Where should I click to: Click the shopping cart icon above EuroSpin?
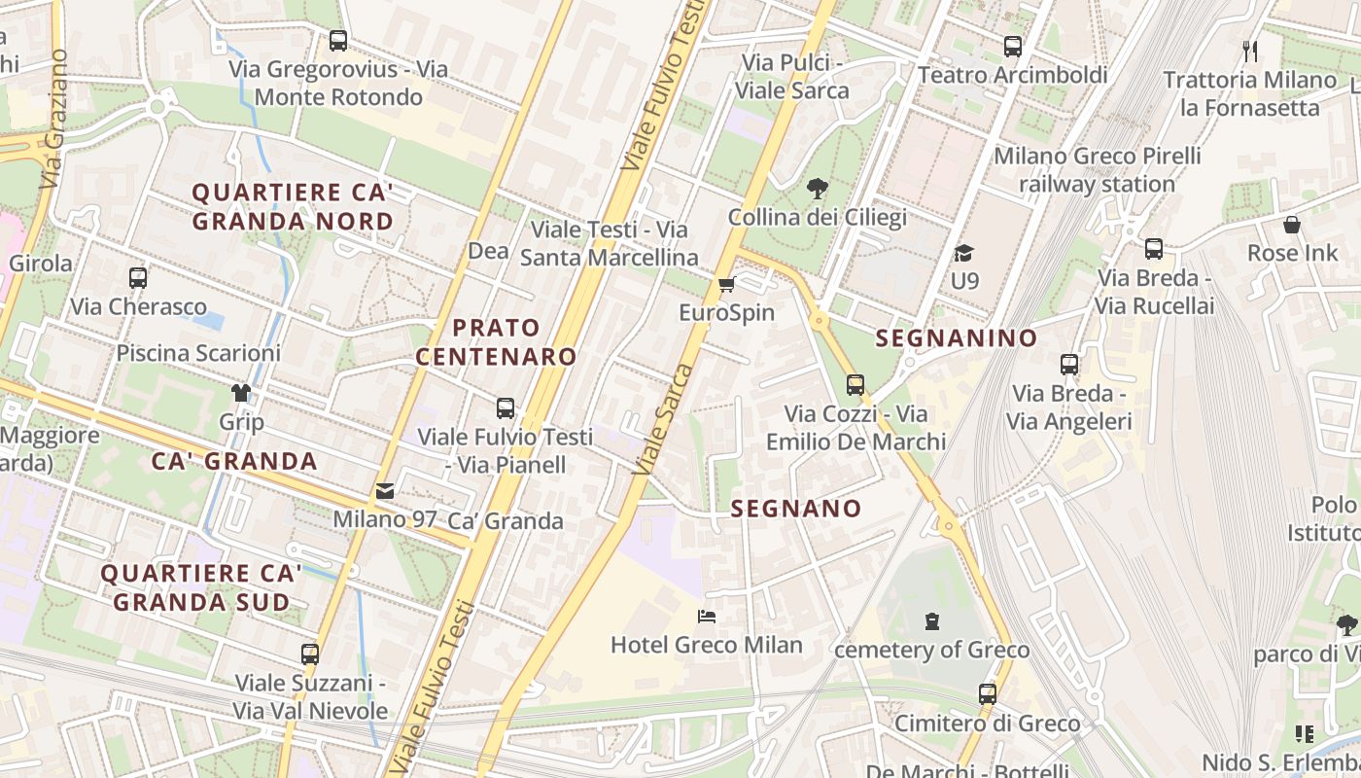726,285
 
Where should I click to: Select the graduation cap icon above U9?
963,253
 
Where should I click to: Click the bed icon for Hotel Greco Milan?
707,617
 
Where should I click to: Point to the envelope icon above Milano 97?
385,492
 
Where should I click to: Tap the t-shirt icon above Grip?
241,394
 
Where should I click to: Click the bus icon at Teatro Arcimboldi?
1013,46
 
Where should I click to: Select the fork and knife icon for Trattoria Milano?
1250,51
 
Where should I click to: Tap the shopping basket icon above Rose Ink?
1292,226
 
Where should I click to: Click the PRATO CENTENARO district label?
497,341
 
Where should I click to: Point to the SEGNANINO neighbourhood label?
957,338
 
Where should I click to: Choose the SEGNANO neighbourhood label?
795,509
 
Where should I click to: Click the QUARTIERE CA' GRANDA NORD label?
293,206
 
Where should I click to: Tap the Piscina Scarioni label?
198,353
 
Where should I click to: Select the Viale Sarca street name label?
664,419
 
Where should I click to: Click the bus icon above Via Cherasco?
138,278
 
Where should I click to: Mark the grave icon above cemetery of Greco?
932,621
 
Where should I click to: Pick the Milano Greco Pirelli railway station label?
1097,169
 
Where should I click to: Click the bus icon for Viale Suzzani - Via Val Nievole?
310,654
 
